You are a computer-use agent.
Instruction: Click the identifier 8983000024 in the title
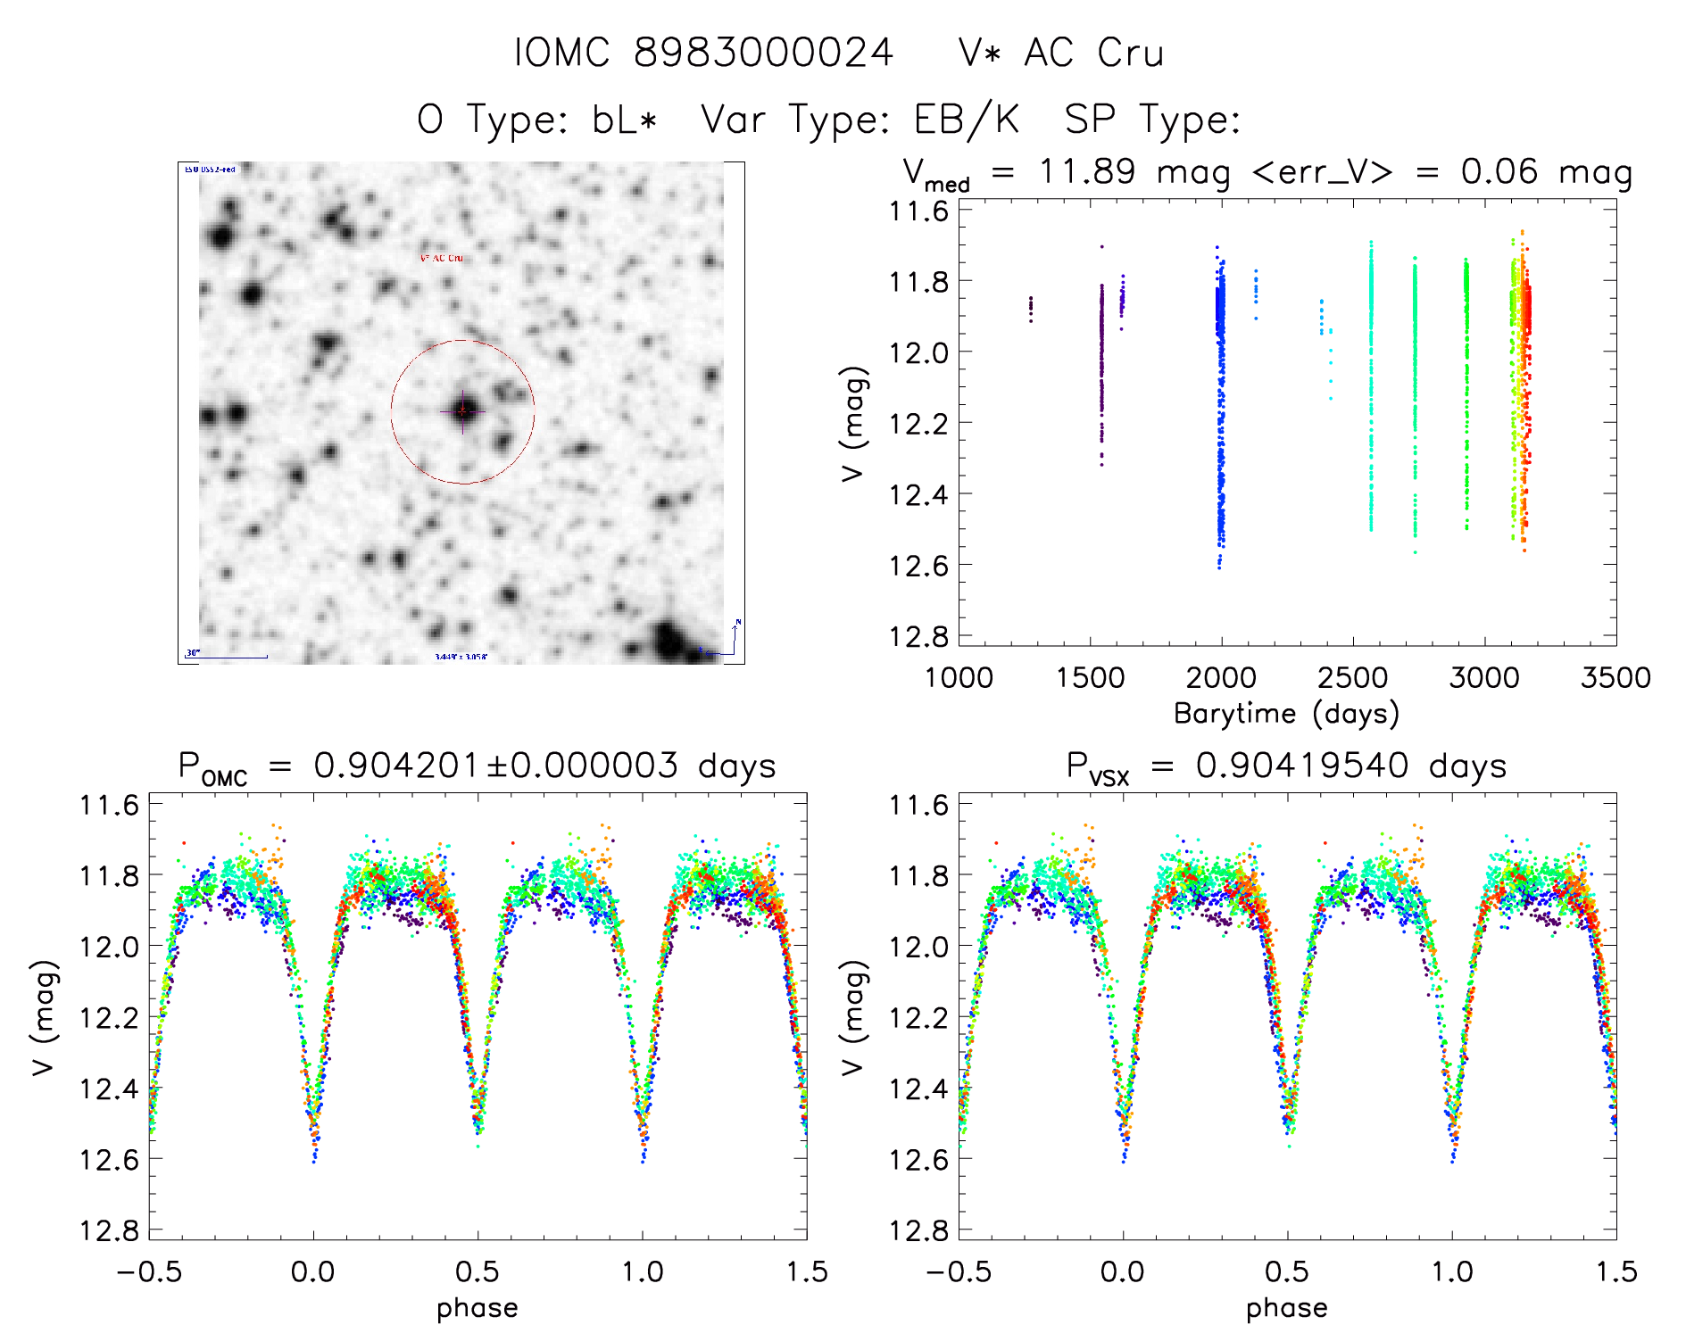(763, 53)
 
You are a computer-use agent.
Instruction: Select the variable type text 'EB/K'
(967, 120)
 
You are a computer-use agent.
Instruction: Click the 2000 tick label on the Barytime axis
(1221, 677)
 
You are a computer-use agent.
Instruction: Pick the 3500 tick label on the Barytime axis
(1615, 677)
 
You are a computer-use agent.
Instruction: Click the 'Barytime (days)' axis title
(1286, 713)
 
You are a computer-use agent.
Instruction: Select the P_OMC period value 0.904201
(397, 766)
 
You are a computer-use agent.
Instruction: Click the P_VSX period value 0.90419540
(1302, 766)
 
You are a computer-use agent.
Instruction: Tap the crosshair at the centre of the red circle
(462, 410)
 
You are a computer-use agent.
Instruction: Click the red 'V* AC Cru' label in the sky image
(442, 258)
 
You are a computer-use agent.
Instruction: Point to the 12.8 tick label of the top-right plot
(918, 635)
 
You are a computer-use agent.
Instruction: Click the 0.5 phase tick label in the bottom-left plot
(478, 1271)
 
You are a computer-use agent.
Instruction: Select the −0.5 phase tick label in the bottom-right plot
(959, 1271)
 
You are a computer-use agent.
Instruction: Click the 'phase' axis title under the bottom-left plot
(478, 1308)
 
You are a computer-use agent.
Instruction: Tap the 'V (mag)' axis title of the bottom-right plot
(853, 1017)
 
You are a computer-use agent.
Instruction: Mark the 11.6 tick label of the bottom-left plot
(109, 805)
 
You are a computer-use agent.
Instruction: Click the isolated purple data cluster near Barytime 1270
(1031, 309)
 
